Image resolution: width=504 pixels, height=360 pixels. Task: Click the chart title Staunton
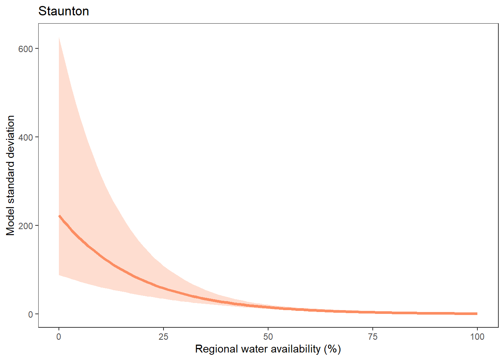pyautogui.click(x=64, y=11)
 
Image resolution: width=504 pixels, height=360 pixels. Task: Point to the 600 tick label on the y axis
pyautogui.click(x=25, y=49)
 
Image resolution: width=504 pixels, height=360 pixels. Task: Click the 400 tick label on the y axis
pyautogui.click(x=25, y=137)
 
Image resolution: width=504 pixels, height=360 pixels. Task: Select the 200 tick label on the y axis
pyautogui.click(x=25, y=226)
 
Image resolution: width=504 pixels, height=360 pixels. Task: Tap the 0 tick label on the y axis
pyautogui.click(x=30, y=314)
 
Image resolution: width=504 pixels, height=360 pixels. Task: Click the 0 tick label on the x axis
pyautogui.click(x=59, y=337)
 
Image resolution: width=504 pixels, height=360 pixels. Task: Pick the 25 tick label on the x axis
pyautogui.click(x=163, y=337)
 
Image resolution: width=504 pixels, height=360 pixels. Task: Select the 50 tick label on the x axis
pyautogui.click(x=268, y=337)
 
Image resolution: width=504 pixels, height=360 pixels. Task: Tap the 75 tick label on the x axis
pyautogui.click(x=373, y=337)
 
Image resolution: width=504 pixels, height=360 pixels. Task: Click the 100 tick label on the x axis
pyautogui.click(x=477, y=337)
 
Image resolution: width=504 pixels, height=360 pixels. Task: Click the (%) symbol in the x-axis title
pyautogui.click(x=332, y=349)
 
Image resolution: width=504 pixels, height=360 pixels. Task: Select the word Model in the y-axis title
pyautogui.click(x=10, y=221)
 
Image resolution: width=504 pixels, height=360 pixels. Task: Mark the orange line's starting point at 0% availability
pyautogui.click(x=59, y=216)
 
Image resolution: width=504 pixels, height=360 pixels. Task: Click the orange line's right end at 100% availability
pyautogui.click(x=477, y=313)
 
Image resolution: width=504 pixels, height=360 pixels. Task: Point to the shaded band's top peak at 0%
pyautogui.click(x=59, y=38)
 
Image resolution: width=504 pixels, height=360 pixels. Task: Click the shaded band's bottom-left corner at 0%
pyautogui.click(x=59, y=275)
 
